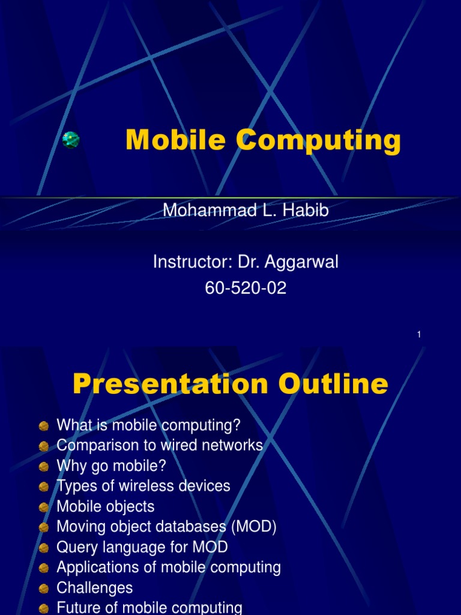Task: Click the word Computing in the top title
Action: tap(318, 142)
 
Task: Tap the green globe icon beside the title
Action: tap(71, 140)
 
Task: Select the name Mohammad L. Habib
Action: tap(246, 211)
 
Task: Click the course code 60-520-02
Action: tap(246, 288)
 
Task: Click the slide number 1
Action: tap(419, 335)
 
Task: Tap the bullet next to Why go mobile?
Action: tap(44, 467)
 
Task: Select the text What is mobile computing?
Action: tap(148, 425)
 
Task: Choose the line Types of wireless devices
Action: tap(143, 486)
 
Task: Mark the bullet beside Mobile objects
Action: tap(44, 507)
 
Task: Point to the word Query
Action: tap(75, 548)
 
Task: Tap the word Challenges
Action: tap(94, 588)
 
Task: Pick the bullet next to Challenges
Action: tap(44, 589)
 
